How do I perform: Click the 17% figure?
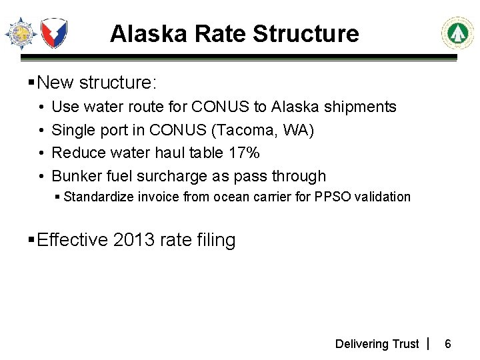[x=243, y=153]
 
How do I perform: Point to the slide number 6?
[x=448, y=344]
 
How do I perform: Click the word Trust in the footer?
[x=405, y=344]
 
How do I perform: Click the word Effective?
[x=72, y=240]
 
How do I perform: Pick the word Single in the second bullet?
[x=71, y=130]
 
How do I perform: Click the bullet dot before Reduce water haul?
[x=41, y=153]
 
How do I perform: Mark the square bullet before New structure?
[x=31, y=83]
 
